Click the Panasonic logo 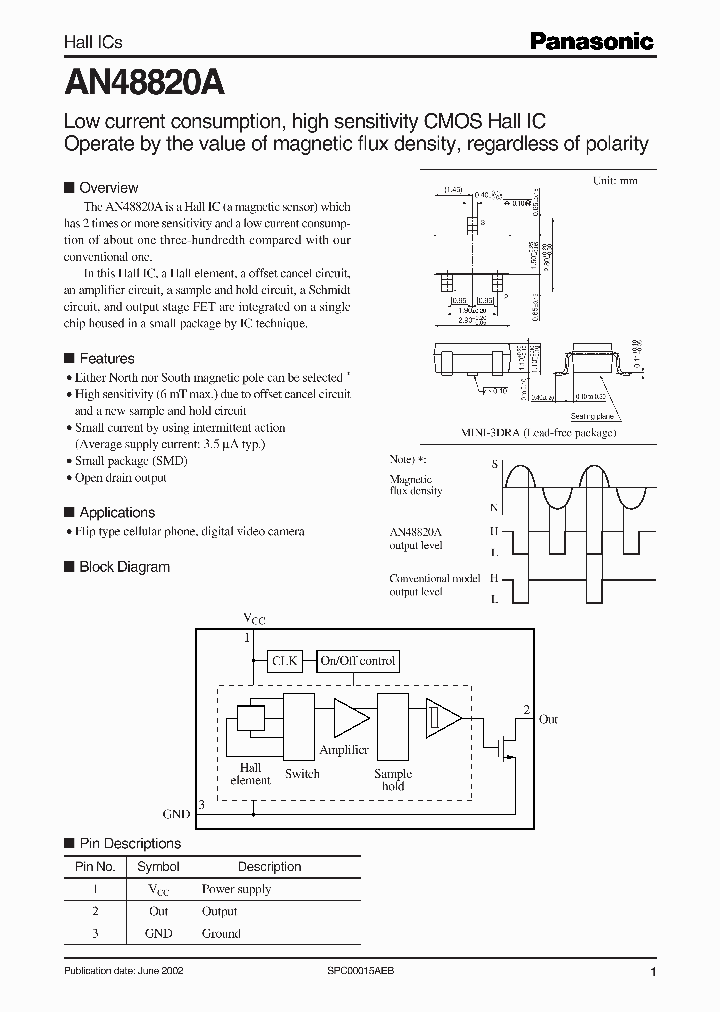click(x=592, y=42)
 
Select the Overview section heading click(x=108, y=188)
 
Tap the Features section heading click(x=106, y=358)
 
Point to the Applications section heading click(x=116, y=512)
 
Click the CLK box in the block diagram click(x=285, y=660)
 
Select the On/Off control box click(x=358, y=660)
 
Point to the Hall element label click(x=250, y=773)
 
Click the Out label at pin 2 click(x=548, y=719)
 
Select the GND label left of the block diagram click(x=175, y=815)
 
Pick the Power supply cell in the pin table click(x=236, y=889)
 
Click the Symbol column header click(x=158, y=867)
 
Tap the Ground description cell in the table click(x=221, y=933)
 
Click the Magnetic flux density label click(x=415, y=486)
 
